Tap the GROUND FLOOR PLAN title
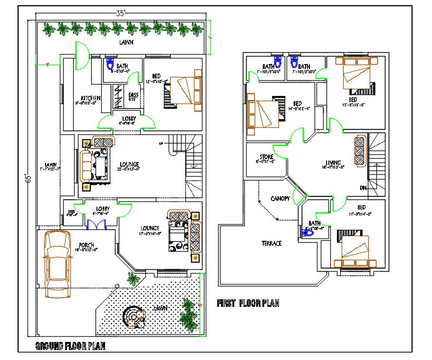(70, 346)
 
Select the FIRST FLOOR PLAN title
(248, 303)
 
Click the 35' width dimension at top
(121, 14)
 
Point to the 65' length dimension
(29, 178)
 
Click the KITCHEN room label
(90, 98)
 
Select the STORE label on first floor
(266, 157)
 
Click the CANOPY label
(280, 198)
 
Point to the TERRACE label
(271, 243)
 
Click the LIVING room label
(333, 163)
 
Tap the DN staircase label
(363, 188)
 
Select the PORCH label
(86, 245)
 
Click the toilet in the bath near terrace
(306, 232)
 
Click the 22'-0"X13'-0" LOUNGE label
(129, 165)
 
